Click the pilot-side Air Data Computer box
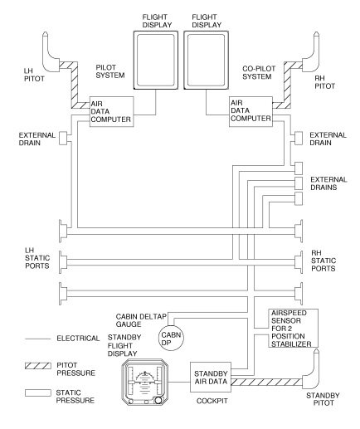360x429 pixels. (x=112, y=112)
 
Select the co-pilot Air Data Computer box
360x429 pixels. (x=251, y=112)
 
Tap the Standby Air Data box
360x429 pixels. (x=211, y=377)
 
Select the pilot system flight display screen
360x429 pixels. (x=156, y=60)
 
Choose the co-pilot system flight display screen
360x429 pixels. (x=207, y=60)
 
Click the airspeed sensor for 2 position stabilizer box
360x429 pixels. (x=293, y=328)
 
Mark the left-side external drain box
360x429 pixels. (x=63, y=138)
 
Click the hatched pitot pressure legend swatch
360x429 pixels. (x=38, y=366)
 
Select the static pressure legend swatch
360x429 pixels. (x=38, y=393)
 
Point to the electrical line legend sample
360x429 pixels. (x=38, y=339)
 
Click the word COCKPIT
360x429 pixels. (x=212, y=401)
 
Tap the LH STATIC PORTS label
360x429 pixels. (x=37, y=258)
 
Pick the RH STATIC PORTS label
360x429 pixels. (x=324, y=261)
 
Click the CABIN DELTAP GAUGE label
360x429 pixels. (x=141, y=320)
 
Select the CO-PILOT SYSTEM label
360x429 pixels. (x=259, y=72)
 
